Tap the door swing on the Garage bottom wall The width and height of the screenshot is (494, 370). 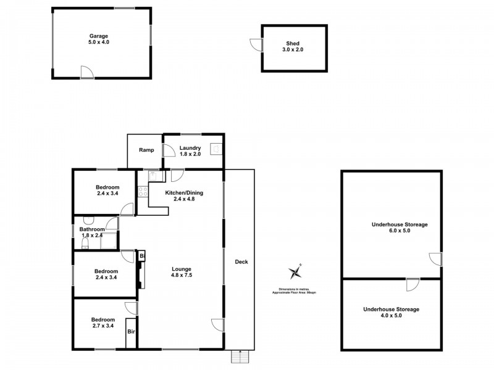87,72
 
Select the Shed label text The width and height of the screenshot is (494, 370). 293,47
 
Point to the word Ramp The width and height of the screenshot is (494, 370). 146,150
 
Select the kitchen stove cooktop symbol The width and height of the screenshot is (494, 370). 141,191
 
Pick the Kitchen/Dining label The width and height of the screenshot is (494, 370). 183,195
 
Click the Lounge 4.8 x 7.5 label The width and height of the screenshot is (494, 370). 182,273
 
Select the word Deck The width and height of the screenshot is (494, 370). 241,262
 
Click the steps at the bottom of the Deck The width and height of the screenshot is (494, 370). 239,356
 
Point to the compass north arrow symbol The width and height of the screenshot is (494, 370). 295,272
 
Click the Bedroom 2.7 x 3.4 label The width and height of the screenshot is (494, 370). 103,323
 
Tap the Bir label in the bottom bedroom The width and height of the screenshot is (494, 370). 131,332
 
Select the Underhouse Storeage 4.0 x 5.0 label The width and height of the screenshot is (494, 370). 391,312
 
